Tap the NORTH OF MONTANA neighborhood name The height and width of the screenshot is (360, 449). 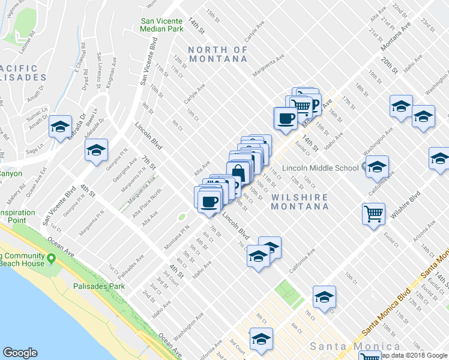click(218, 54)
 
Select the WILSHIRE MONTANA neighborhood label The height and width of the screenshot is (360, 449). click(300, 202)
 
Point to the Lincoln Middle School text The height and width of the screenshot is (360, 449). click(324, 167)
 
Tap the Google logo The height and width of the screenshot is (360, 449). click(20, 353)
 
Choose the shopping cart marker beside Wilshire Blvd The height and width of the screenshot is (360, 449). click(373, 213)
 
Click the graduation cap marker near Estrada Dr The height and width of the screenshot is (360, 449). click(59, 127)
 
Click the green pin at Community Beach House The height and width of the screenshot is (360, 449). click(52, 259)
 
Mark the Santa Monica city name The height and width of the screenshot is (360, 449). click(355, 347)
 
